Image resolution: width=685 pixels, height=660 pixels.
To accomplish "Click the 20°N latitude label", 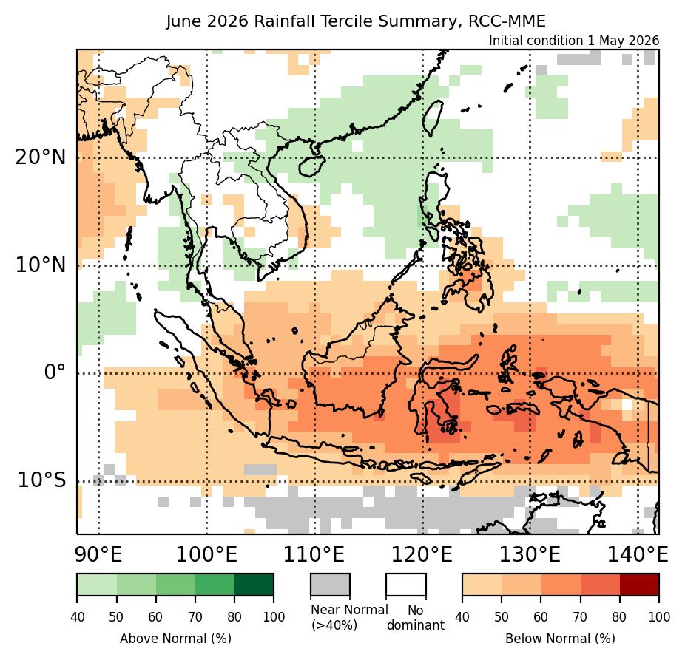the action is coord(41,157).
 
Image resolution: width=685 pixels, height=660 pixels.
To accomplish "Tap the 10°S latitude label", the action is coord(41,480).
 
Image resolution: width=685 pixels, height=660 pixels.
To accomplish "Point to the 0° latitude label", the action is coord(55,372).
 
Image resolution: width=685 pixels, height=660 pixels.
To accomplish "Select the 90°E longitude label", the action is coord(98,555).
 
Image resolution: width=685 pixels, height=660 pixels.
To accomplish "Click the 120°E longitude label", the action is coord(422,555).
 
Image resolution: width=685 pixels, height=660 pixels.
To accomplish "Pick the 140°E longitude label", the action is coord(638,555).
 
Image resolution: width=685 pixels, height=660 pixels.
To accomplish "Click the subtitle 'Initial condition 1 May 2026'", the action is coord(573,41).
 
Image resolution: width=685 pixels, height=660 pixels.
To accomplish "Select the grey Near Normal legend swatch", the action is coord(330,585).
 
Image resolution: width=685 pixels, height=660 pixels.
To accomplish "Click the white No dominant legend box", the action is coord(406,585).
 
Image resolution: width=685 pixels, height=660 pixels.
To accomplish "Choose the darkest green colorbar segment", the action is coord(254,585).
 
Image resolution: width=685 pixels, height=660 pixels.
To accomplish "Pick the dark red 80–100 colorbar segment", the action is coord(640,585).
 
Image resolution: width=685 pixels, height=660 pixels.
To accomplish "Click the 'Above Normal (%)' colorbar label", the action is coord(175,639).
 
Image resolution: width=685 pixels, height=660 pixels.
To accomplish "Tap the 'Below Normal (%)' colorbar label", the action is coord(561,639).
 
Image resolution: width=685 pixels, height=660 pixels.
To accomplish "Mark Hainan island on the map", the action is coord(312,166).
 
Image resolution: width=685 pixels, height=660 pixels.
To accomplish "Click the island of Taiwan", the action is coord(433,118).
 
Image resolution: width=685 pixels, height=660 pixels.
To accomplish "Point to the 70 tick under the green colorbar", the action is coord(195,617).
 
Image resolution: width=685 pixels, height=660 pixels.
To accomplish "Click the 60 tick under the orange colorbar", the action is coord(541,617).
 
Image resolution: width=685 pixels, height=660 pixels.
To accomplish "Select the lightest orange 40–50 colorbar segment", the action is coord(482,585).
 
